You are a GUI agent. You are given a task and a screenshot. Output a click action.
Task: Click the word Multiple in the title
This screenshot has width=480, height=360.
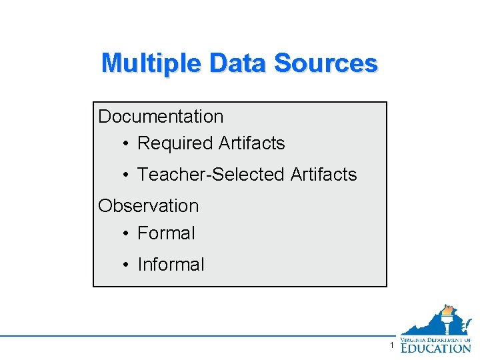click(151, 63)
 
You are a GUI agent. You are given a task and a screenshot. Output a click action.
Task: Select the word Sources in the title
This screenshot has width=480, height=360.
click(326, 63)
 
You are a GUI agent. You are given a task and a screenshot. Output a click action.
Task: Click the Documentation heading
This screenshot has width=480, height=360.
click(161, 117)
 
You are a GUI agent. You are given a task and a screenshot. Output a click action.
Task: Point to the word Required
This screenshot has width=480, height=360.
click(174, 143)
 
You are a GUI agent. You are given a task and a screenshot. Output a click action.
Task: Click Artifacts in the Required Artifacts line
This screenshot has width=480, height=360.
click(251, 143)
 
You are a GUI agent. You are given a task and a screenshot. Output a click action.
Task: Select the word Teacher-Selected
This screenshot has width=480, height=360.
click(211, 175)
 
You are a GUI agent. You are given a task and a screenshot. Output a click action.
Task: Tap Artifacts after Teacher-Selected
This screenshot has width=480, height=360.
click(324, 175)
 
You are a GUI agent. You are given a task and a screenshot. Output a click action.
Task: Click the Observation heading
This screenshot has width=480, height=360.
click(148, 206)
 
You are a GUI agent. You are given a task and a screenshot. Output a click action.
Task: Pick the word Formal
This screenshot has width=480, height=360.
click(166, 233)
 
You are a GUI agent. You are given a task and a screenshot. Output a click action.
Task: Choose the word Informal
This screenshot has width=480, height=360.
click(171, 265)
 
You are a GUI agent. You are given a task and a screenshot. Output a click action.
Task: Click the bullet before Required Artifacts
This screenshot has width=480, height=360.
click(125, 144)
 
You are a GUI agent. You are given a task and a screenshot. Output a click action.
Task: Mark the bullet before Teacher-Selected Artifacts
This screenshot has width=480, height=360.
click(125, 175)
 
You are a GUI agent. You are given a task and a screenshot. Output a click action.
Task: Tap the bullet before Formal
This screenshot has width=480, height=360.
click(125, 234)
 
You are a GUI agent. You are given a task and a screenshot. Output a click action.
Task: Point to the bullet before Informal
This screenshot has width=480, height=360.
click(125, 265)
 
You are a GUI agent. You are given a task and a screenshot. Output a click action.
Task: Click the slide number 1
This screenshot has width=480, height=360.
click(393, 345)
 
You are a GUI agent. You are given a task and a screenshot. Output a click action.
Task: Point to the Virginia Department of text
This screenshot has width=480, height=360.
click(436, 339)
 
